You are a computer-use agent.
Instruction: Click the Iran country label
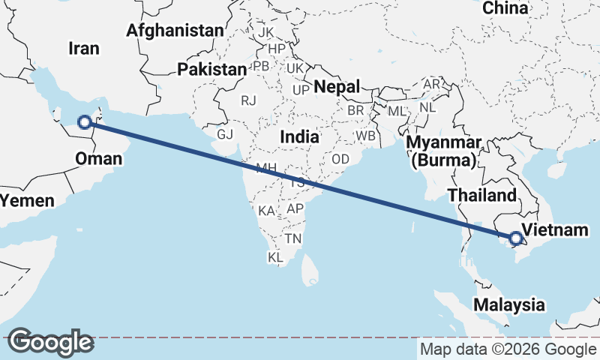pyautogui.click(x=83, y=48)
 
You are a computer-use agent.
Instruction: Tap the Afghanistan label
pyautogui.click(x=175, y=31)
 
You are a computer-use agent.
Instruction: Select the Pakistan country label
pyautogui.click(x=211, y=70)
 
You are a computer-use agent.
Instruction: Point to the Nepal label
pyautogui.click(x=337, y=86)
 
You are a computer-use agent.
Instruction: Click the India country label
pyautogui.click(x=299, y=137)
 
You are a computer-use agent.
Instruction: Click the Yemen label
pyautogui.click(x=28, y=200)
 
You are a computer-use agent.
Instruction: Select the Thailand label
pyautogui.click(x=481, y=196)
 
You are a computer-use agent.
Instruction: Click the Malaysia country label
pyautogui.click(x=508, y=304)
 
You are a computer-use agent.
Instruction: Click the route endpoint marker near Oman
pyautogui.click(x=85, y=121)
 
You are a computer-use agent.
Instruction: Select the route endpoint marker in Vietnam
pyautogui.click(x=515, y=239)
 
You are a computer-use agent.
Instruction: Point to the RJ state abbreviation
pyautogui.click(x=248, y=100)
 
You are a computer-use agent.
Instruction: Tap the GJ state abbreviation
pyautogui.click(x=225, y=134)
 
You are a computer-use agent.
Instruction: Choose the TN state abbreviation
pyautogui.click(x=293, y=238)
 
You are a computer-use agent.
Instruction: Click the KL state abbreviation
pyautogui.click(x=275, y=257)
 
